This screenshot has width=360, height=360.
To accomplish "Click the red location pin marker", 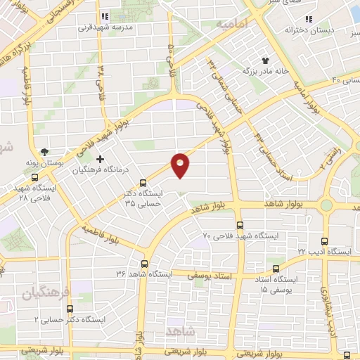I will tap(181, 165).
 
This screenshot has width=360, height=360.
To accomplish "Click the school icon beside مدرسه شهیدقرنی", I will tap(105, 16).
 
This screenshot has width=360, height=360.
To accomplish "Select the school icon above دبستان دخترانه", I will tap(307, 19).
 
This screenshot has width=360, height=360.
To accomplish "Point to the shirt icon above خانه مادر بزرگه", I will tap(266, 60).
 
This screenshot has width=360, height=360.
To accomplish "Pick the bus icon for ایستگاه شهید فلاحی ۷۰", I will tap(240, 226).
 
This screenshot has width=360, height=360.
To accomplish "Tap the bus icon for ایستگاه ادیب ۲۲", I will tap(326, 240).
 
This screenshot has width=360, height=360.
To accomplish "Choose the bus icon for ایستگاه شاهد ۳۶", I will tap(144, 263).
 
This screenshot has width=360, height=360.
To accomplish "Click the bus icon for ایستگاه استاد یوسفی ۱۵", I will tap(276, 268).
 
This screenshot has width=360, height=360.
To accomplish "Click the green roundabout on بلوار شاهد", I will tap(326, 205).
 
